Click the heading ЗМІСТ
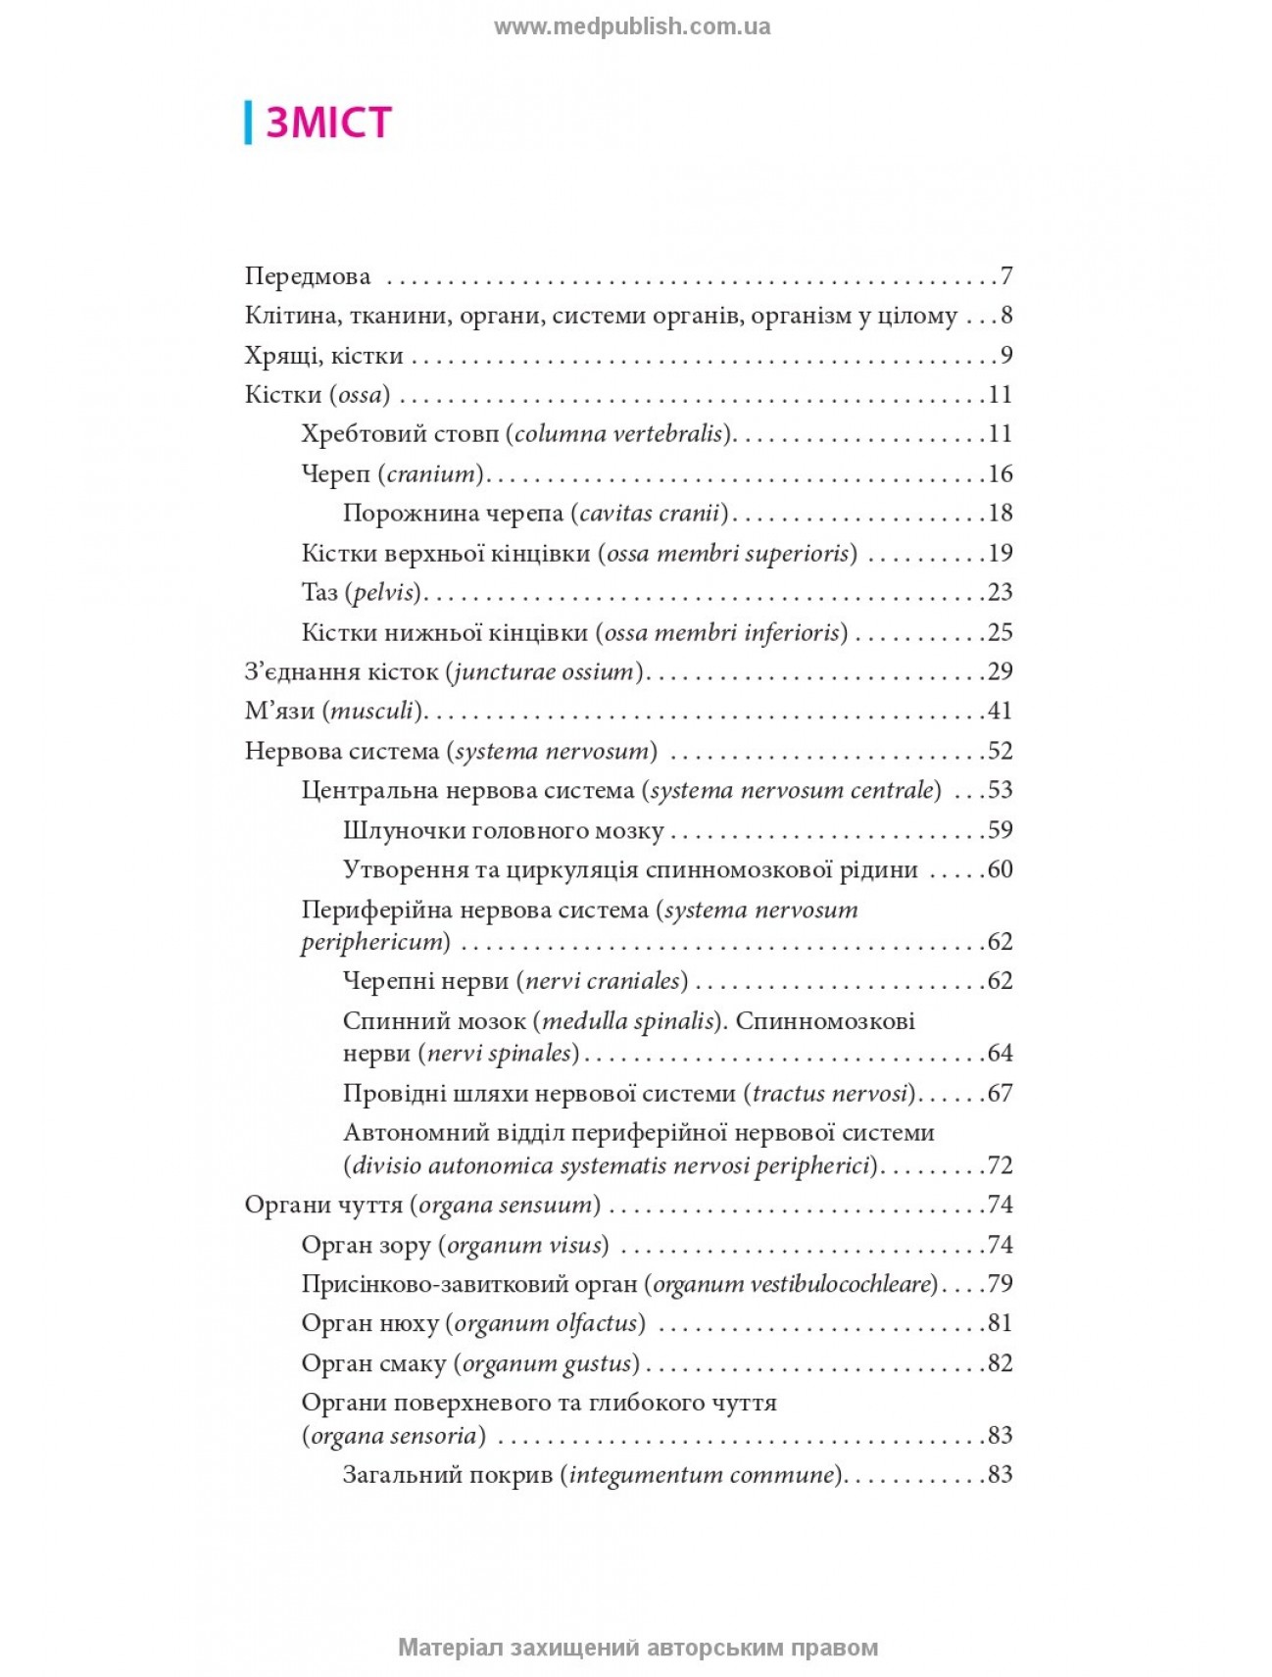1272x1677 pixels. (328, 123)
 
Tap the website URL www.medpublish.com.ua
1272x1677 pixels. (632, 26)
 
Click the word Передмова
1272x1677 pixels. (308, 276)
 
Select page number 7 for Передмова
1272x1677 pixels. (1005, 276)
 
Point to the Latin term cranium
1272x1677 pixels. (430, 474)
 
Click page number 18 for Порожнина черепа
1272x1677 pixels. (1000, 514)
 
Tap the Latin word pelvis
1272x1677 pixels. (383, 593)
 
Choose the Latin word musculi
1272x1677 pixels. (372, 712)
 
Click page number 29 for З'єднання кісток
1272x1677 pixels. (1000, 672)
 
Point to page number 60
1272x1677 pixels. (1000, 870)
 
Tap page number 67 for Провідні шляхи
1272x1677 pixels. (1000, 1094)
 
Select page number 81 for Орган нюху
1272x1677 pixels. (1000, 1323)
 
